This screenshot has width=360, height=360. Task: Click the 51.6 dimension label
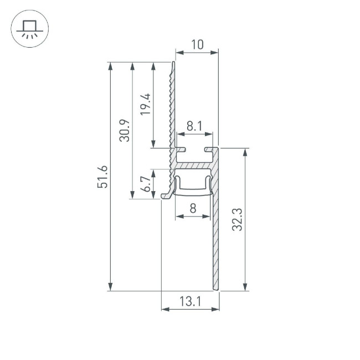click(x=102, y=177)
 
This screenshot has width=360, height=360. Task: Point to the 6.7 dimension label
click(x=145, y=184)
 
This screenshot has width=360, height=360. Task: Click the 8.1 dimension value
click(x=194, y=126)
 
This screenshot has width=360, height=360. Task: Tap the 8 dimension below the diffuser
click(x=193, y=208)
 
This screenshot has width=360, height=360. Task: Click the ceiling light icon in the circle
click(x=30, y=29)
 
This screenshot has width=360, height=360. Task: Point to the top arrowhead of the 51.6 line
click(x=111, y=66)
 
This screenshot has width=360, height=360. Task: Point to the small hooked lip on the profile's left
click(x=166, y=196)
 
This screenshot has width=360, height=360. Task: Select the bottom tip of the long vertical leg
click(x=215, y=288)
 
